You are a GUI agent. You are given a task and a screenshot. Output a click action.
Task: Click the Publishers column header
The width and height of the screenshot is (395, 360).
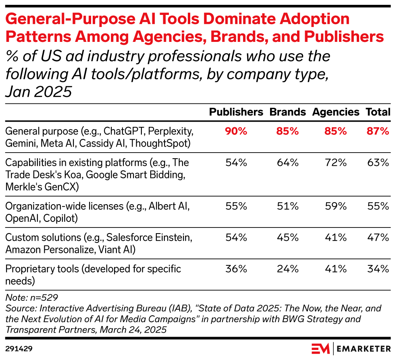click(x=236, y=112)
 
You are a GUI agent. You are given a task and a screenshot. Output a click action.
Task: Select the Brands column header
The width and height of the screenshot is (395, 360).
click(x=287, y=112)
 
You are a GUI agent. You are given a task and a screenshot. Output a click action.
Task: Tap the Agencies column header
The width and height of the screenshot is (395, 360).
click(x=335, y=112)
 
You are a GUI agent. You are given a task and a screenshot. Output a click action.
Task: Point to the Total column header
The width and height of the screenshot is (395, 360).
click(x=378, y=112)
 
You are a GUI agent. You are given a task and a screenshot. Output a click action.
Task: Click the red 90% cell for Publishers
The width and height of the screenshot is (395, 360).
click(x=236, y=131)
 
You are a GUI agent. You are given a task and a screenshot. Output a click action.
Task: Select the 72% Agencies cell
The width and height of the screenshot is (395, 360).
click(x=335, y=163)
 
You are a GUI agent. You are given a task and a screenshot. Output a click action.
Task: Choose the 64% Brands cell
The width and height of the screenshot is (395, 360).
click(x=287, y=163)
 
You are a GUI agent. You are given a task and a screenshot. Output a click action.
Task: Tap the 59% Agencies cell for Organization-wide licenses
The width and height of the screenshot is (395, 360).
click(x=335, y=206)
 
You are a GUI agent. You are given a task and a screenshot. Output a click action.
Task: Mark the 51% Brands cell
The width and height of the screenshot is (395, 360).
click(x=287, y=206)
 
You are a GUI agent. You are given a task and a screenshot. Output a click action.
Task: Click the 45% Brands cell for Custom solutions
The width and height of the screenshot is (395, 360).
click(x=287, y=238)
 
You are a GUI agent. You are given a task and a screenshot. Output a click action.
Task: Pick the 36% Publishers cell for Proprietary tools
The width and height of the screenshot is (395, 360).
click(x=236, y=269)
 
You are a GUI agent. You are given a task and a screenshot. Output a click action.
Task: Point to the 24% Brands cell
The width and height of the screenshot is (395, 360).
click(x=287, y=269)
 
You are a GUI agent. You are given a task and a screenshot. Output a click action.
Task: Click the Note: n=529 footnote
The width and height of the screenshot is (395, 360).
click(x=31, y=298)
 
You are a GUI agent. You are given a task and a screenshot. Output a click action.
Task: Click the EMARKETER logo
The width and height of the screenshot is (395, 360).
click(x=351, y=348)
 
